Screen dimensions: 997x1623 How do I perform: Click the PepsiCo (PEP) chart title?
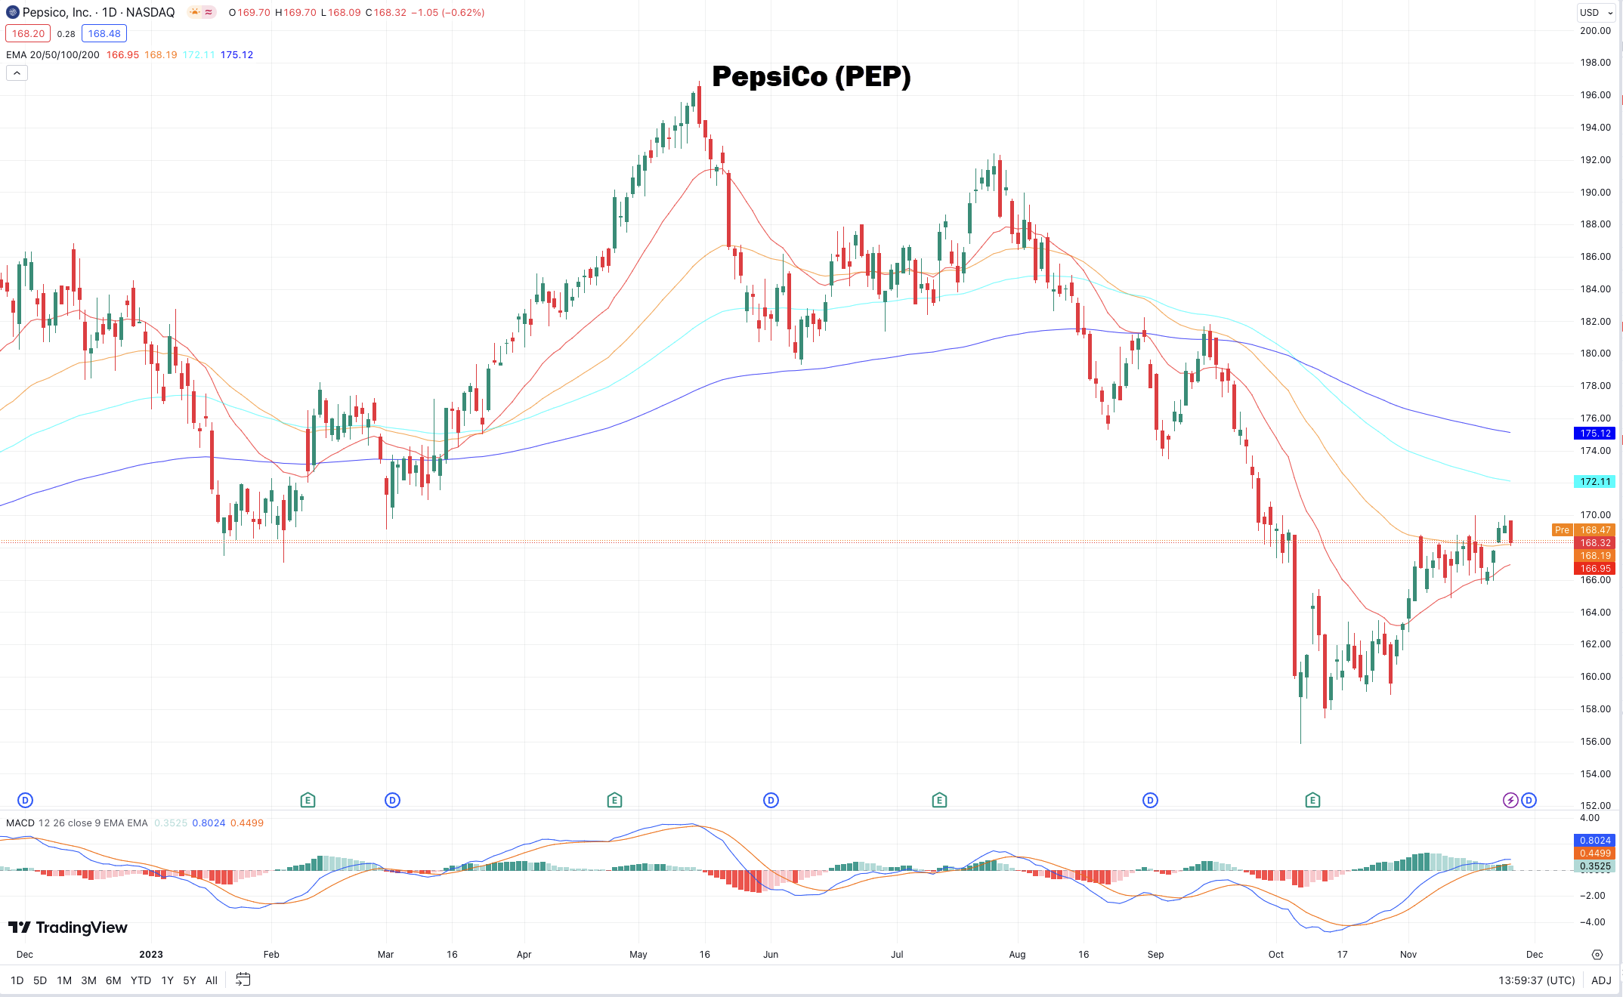[x=811, y=76]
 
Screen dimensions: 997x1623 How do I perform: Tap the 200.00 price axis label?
[x=1595, y=31]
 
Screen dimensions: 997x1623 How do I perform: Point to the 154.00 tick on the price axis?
[x=1595, y=773]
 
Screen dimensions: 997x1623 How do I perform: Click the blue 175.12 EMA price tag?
[x=1595, y=434]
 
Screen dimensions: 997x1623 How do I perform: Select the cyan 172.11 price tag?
[x=1595, y=482]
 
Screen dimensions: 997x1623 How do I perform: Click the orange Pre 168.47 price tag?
[x=1584, y=530]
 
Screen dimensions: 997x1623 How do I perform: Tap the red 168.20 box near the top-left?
[x=28, y=34]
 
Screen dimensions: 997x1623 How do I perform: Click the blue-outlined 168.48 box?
[x=104, y=34]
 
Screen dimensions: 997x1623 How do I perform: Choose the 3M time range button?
[x=88, y=980]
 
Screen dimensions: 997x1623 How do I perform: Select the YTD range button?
[x=141, y=980]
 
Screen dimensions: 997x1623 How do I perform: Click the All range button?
[x=212, y=980]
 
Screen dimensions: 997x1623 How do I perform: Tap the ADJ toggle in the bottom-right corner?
[x=1601, y=980]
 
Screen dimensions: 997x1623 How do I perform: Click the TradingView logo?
[x=68, y=928]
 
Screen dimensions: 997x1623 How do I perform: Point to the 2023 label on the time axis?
[x=151, y=955]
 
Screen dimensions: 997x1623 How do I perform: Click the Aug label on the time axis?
[x=1017, y=955]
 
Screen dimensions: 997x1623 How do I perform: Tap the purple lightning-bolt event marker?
[x=1510, y=801]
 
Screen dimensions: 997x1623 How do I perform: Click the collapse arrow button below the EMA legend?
[x=17, y=73]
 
